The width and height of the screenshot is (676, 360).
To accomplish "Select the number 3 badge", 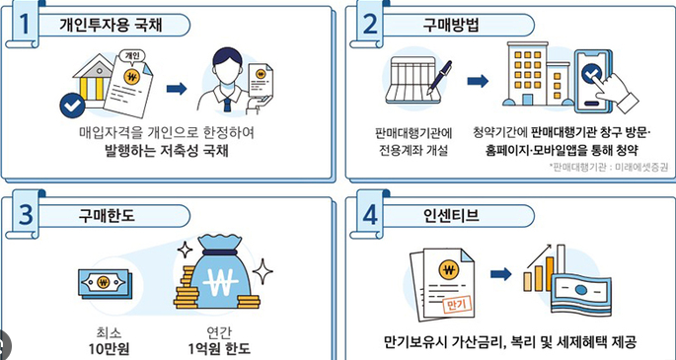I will [21, 213].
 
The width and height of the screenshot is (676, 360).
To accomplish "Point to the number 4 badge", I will [368, 213].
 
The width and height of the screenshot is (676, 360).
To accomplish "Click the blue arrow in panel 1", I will [177, 88].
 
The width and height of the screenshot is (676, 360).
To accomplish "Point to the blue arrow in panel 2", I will [477, 81].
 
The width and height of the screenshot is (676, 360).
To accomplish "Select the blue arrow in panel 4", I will [501, 273].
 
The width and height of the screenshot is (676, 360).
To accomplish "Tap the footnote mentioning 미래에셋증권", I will [608, 168].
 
